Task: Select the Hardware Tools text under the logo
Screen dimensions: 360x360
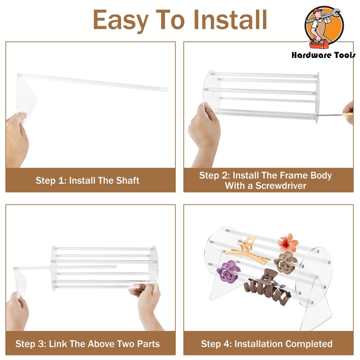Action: point(323,55)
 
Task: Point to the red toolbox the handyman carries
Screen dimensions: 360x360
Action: point(318,44)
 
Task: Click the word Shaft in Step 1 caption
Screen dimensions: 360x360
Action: point(128,180)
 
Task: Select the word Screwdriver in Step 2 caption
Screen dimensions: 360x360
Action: point(281,186)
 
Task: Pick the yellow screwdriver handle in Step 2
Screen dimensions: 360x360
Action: point(348,114)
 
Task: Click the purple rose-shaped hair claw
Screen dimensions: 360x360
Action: point(228,272)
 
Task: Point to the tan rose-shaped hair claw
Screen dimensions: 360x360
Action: point(285,263)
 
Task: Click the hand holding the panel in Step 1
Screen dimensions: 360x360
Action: point(17,140)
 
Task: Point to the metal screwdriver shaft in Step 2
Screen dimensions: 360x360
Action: point(330,115)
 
